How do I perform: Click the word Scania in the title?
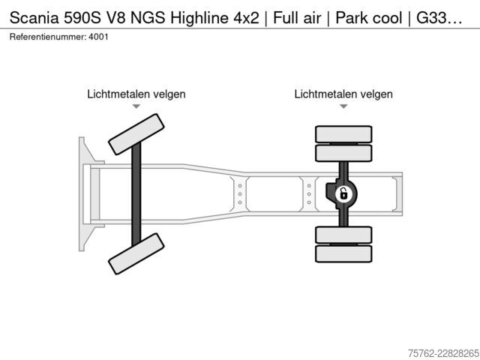(x=34, y=18)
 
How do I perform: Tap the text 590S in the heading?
(x=82, y=18)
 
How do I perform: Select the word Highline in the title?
(x=199, y=18)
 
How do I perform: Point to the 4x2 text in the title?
(x=246, y=18)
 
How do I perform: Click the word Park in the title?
(x=351, y=18)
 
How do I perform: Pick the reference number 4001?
(x=98, y=37)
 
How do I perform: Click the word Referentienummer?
(x=47, y=37)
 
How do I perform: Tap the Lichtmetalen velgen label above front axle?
(x=136, y=94)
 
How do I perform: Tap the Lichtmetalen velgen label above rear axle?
(x=343, y=94)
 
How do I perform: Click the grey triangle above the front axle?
(x=136, y=106)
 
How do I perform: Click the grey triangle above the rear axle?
(x=343, y=106)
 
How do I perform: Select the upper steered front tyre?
(x=136, y=134)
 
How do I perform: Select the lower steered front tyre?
(x=136, y=253)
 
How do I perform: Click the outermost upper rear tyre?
(x=343, y=134)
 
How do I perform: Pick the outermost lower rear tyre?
(x=343, y=253)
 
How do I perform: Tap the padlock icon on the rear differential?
(x=343, y=194)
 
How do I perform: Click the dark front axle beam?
(x=136, y=194)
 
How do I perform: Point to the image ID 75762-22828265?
(x=443, y=353)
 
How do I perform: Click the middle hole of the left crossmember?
(x=240, y=194)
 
